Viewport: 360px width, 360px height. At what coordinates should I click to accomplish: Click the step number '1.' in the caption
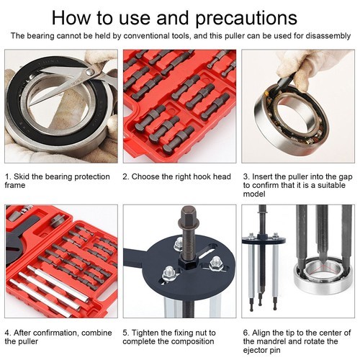click(x=8, y=176)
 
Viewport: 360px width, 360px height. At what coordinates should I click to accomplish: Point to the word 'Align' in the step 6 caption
click(x=263, y=332)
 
